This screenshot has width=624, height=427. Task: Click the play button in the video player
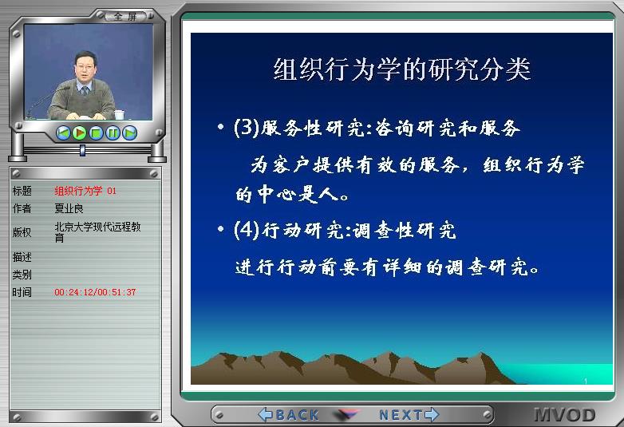pos(80,132)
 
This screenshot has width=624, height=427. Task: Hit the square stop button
pos(97,132)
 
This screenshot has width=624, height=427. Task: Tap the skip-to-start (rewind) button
pos(63,132)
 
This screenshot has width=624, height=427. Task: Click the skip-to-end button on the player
pos(130,132)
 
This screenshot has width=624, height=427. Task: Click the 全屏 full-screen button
pos(125,17)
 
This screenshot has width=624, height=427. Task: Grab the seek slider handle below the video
pos(82,150)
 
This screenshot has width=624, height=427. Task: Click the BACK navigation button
pos(289,415)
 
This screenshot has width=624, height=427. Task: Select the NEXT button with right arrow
pos(409,415)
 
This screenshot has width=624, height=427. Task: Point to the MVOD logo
pos(565,415)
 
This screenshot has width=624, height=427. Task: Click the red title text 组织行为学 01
pos(85,191)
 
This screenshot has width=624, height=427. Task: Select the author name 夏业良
pos(69,208)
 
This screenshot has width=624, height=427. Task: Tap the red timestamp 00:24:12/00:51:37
pos(95,292)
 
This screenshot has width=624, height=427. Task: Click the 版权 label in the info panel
pos(22,232)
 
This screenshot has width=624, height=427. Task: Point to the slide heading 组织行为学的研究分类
pos(402,69)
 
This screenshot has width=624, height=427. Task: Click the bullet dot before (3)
pos(221,127)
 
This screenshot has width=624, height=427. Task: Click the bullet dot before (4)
pos(221,229)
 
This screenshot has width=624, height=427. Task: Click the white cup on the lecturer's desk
pos(119,115)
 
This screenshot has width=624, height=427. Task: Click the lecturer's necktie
pos(85,91)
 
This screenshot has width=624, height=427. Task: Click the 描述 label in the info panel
pos(22,257)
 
